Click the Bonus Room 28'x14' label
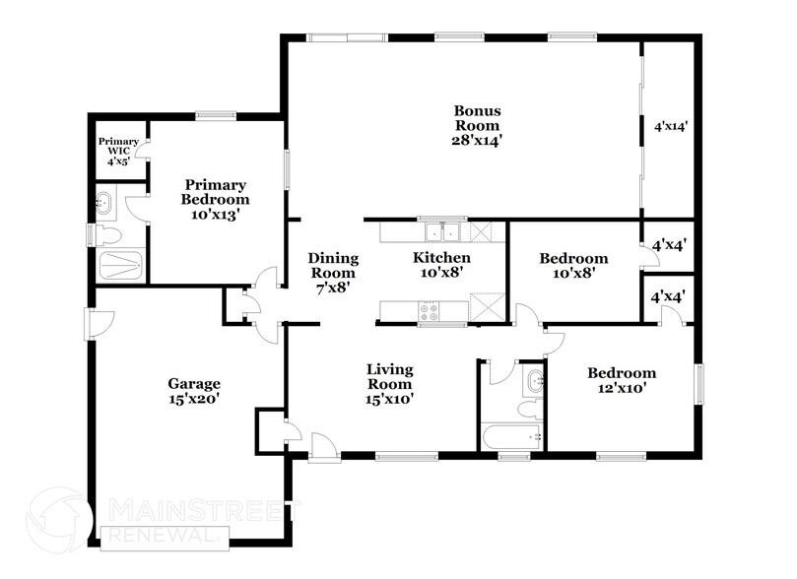(x=476, y=125)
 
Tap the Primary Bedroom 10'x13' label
(x=215, y=198)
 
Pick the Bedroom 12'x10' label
(x=622, y=380)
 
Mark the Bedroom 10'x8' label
(x=573, y=266)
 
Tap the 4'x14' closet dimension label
(x=670, y=126)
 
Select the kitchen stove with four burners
(x=431, y=312)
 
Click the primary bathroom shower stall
(x=117, y=267)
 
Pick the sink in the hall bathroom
(x=534, y=380)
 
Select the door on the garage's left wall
(x=90, y=321)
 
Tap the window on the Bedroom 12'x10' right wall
(x=701, y=384)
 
